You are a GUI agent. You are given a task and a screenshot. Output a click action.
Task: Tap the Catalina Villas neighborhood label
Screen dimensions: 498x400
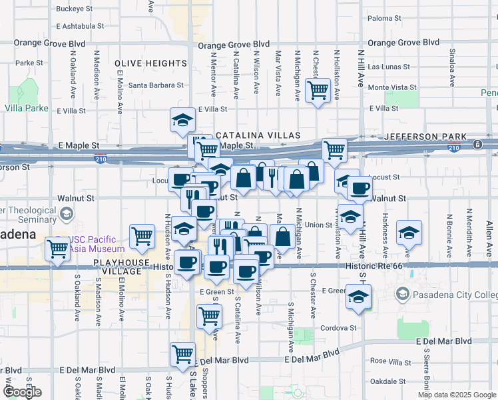click(x=252, y=135)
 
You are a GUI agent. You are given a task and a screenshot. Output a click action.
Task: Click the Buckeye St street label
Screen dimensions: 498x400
click(x=75, y=9)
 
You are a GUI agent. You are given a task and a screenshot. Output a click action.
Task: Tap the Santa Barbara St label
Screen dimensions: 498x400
click(x=156, y=85)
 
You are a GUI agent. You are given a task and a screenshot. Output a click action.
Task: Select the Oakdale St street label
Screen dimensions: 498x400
click(x=387, y=381)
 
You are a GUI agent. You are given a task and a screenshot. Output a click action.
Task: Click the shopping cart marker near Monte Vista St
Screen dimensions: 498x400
click(x=318, y=89)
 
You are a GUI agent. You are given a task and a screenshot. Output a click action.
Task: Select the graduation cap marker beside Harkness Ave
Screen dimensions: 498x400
click(x=409, y=232)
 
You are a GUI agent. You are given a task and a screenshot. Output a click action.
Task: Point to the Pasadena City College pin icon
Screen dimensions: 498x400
click(x=403, y=294)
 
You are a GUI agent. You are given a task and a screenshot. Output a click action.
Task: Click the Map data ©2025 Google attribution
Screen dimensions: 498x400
click(x=457, y=395)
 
